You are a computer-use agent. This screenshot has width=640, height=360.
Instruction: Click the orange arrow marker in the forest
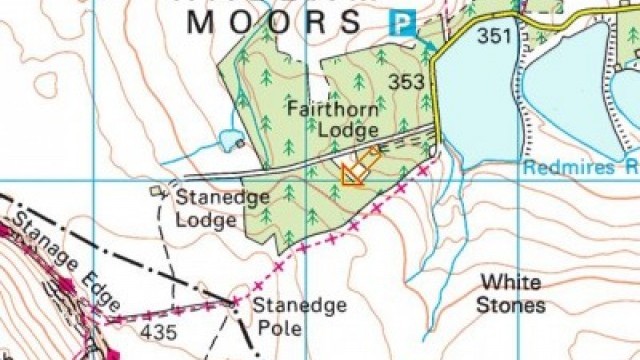pyautogui.click(x=360, y=166)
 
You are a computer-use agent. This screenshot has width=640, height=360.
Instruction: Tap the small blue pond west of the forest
pyautogui.click(x=229, y=140)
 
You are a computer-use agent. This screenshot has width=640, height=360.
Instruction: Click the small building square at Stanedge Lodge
pyautogui.click(x=155, y=190)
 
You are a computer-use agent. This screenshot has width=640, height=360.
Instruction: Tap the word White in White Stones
pyautogui.click(x=509, y=283)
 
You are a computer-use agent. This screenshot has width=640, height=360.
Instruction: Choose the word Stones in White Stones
pyautogui.click(x=510, y=306)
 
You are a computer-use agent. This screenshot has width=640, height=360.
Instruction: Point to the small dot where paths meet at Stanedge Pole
pyautogui.click(x=236, y=301)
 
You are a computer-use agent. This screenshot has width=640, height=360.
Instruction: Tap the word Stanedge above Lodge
pyautogui.click(x=222, y=197)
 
